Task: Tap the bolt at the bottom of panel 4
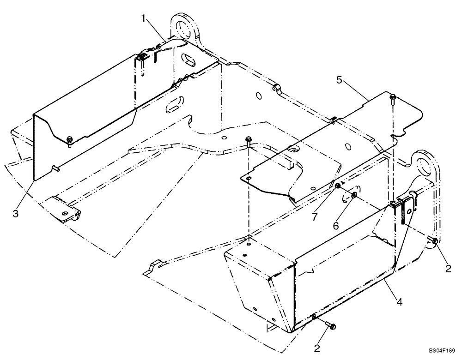331,326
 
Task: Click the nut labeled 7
338,186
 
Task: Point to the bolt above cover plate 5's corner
392,97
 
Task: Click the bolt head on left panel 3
69,139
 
